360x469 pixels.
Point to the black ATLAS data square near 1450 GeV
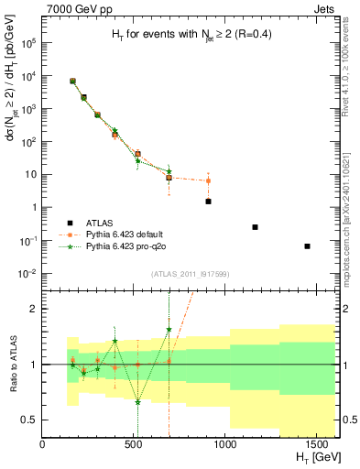307,246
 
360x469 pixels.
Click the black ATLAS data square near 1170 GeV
255,227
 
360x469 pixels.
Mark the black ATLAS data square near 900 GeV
208,202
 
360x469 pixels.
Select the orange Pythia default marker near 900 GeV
208,180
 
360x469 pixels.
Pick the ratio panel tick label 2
35,309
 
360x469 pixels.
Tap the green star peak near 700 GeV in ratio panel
169,329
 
